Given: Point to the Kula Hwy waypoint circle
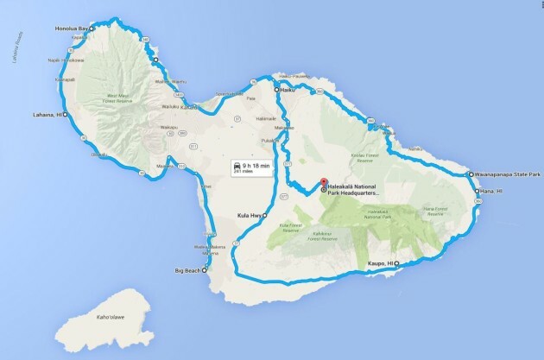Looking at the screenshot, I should (265, 215).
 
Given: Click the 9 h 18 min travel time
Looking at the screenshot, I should (256, 164).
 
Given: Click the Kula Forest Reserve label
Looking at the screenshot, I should (294, 228).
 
